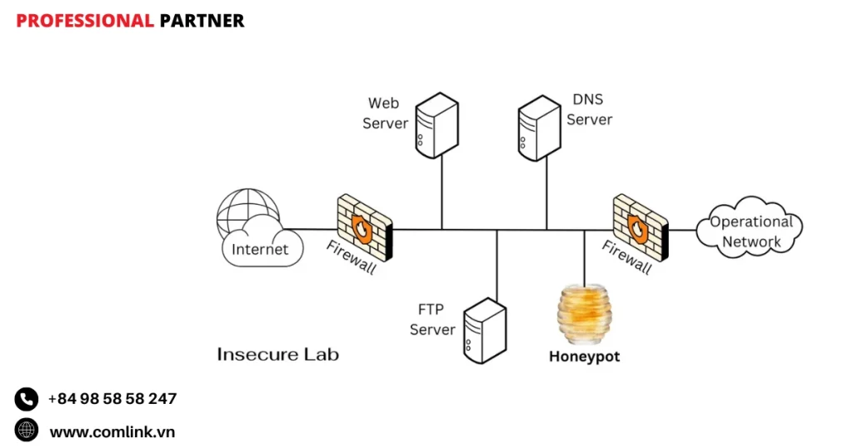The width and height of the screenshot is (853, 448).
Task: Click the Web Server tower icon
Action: point(436,125)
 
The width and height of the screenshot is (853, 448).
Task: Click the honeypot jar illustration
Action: point(583,316)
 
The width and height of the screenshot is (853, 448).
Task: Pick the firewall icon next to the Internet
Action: point(364,226)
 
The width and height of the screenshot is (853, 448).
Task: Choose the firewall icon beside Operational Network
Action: point(640,226)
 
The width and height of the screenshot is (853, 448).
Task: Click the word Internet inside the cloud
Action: point(260,249)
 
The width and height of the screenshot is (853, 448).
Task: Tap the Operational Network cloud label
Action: point(751,231)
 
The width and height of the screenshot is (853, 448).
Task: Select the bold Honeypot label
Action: point(584,356)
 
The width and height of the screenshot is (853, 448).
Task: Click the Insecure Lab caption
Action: point(277,354)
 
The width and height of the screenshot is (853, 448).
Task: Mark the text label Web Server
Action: point(385,113)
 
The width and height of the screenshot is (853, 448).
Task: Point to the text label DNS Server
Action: point(590,109)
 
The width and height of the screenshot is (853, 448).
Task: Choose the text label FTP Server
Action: point(432,320)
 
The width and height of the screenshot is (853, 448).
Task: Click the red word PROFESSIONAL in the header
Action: point(85,21)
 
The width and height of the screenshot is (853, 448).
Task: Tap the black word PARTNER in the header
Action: point(202,21)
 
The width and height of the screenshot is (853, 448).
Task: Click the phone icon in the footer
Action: point(27,399)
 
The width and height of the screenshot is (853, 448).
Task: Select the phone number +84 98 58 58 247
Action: point(112,399)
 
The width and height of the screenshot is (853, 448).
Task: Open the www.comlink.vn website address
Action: point(112,431)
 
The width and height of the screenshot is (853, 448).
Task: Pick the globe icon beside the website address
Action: point(27,430)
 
